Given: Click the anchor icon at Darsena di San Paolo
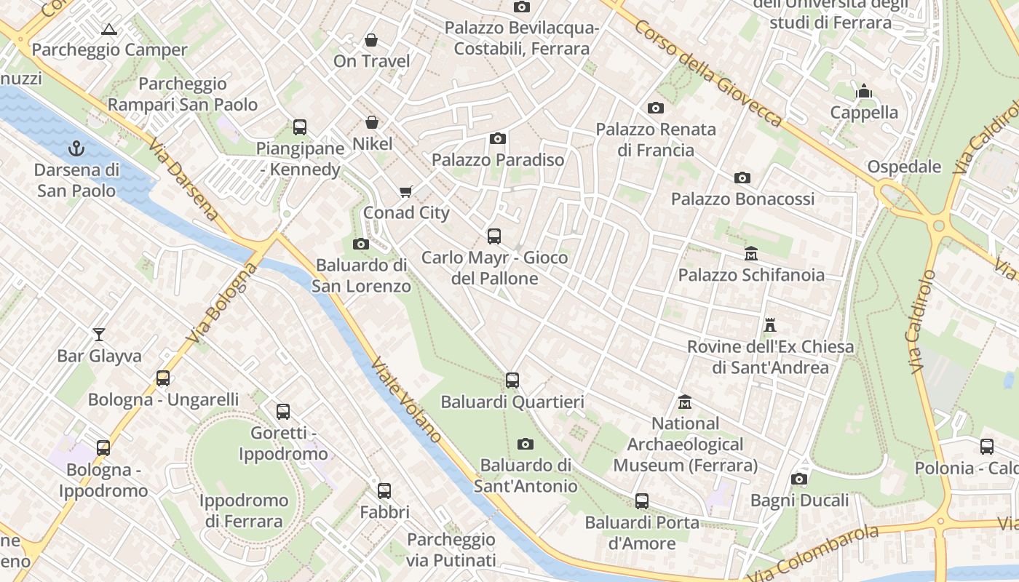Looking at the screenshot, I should (x=76, y=149).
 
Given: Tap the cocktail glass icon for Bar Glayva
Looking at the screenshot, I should (x=99, y=335).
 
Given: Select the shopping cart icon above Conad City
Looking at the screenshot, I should (x=405, y=192).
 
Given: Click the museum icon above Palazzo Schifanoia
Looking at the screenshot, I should (x=751, y=254).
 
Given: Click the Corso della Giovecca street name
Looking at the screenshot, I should (x=707, y=73).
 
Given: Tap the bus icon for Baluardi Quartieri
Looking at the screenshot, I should (x=512, y=380).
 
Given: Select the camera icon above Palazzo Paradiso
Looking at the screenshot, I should (x=498, y=138).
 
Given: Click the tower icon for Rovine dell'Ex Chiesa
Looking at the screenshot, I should (x=770, y=325).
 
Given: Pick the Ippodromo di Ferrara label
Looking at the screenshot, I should (x=243, y=511).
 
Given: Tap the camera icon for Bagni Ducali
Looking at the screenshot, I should (x=799, y=479).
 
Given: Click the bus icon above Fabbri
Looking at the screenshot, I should (x=384, y=490).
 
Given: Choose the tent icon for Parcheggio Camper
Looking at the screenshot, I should (x=109, y=29).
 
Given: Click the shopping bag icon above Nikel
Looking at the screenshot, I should (x=372, y=122).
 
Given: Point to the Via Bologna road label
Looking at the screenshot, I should (x=222, y=304).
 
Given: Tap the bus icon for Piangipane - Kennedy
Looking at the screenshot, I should (x=300, y=127).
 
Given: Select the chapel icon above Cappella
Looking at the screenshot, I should (x=864, y=92).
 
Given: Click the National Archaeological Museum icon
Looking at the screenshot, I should (x=685, y=402).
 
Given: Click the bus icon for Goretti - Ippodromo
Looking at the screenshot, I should (x=283, y=412).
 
